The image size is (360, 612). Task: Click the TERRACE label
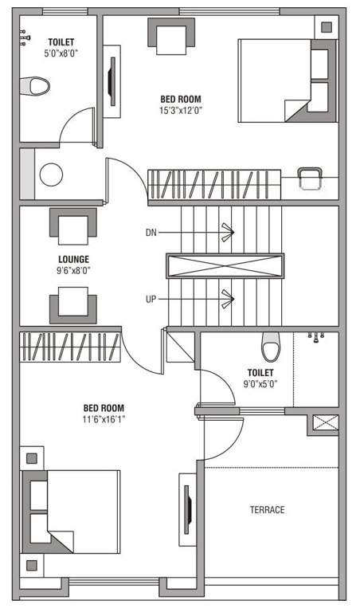point(267,510)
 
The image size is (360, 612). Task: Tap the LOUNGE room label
point(73,259)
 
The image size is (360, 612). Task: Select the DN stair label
point(151,233)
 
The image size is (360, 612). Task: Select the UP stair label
point(151,299)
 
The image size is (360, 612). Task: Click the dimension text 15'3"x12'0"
point(180,110)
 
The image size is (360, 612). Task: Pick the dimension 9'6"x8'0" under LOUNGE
point(73,270)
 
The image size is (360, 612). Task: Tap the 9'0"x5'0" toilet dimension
point(260,383)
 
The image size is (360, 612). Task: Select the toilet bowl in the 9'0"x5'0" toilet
point(271,347)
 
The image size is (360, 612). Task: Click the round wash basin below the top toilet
point(51,175)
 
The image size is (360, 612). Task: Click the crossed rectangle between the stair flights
point(225,265)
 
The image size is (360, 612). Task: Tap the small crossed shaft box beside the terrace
point(325,423)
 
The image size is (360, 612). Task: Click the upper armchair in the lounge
point(73,226)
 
